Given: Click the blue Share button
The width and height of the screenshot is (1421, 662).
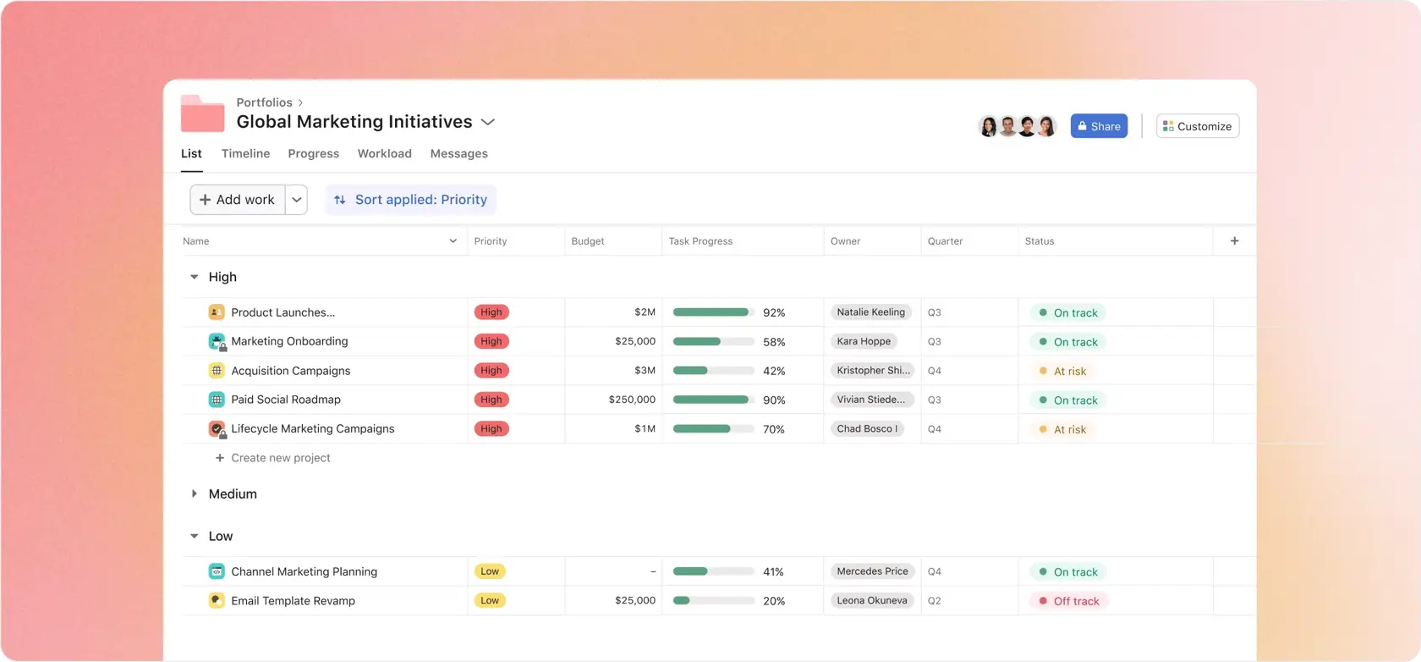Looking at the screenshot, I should click(1098, 126).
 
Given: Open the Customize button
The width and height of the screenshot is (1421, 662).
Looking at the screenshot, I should click(1197, 126).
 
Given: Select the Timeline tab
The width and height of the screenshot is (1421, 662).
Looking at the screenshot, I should click(245, 153).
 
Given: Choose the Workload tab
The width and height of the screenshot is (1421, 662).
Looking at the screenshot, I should click(384, 153).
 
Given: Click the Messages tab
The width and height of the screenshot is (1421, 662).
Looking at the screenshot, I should click(458, 153).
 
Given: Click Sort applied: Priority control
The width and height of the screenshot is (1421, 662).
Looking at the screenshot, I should click(411, 200).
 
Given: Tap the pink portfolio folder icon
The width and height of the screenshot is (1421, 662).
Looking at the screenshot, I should click(202, 114).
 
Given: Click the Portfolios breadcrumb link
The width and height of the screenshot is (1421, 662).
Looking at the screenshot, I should click(264, 102).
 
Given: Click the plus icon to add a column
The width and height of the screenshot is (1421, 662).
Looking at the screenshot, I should click(1234, 241).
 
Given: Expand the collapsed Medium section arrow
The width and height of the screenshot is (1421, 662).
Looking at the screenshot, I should click(194, 494).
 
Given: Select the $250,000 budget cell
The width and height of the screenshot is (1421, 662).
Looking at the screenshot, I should click(631, 400).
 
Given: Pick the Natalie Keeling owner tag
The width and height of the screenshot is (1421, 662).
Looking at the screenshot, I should click(870, 312).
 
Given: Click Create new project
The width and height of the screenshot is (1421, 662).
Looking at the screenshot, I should click(280, 458).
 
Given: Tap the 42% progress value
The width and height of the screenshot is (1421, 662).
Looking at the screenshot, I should click(774, 371).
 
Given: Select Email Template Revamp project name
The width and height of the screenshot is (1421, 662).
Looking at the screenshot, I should click(293, 601).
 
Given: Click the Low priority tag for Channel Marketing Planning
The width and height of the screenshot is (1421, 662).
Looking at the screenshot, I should click(490, 571).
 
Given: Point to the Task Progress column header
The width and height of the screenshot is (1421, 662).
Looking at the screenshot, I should click(700, 241).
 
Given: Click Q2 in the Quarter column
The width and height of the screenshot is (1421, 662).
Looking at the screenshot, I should click(934, 601).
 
